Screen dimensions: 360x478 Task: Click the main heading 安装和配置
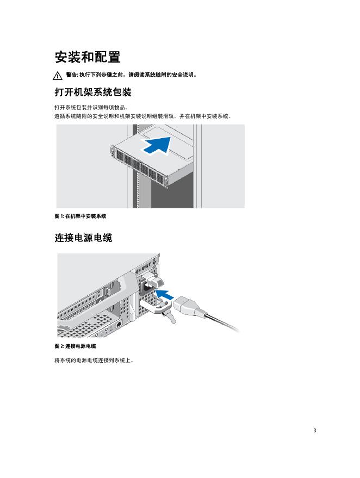pos(88,57)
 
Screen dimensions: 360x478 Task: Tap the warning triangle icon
pos(58,76)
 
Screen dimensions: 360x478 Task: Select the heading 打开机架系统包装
pos(93,92)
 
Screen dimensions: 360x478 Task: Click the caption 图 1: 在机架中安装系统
pos(80,216)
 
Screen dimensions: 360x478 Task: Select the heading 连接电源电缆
pos(83,238)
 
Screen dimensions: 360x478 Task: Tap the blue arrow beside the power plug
pos(164,295)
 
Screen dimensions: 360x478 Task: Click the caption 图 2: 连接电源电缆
pos(75,346)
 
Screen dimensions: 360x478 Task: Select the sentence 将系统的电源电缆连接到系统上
pos(94,361)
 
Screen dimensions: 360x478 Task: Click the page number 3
pos(314,431)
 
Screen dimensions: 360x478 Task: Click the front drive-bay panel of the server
pos(139,165)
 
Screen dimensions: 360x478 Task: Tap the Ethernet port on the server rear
pos(120,324)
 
